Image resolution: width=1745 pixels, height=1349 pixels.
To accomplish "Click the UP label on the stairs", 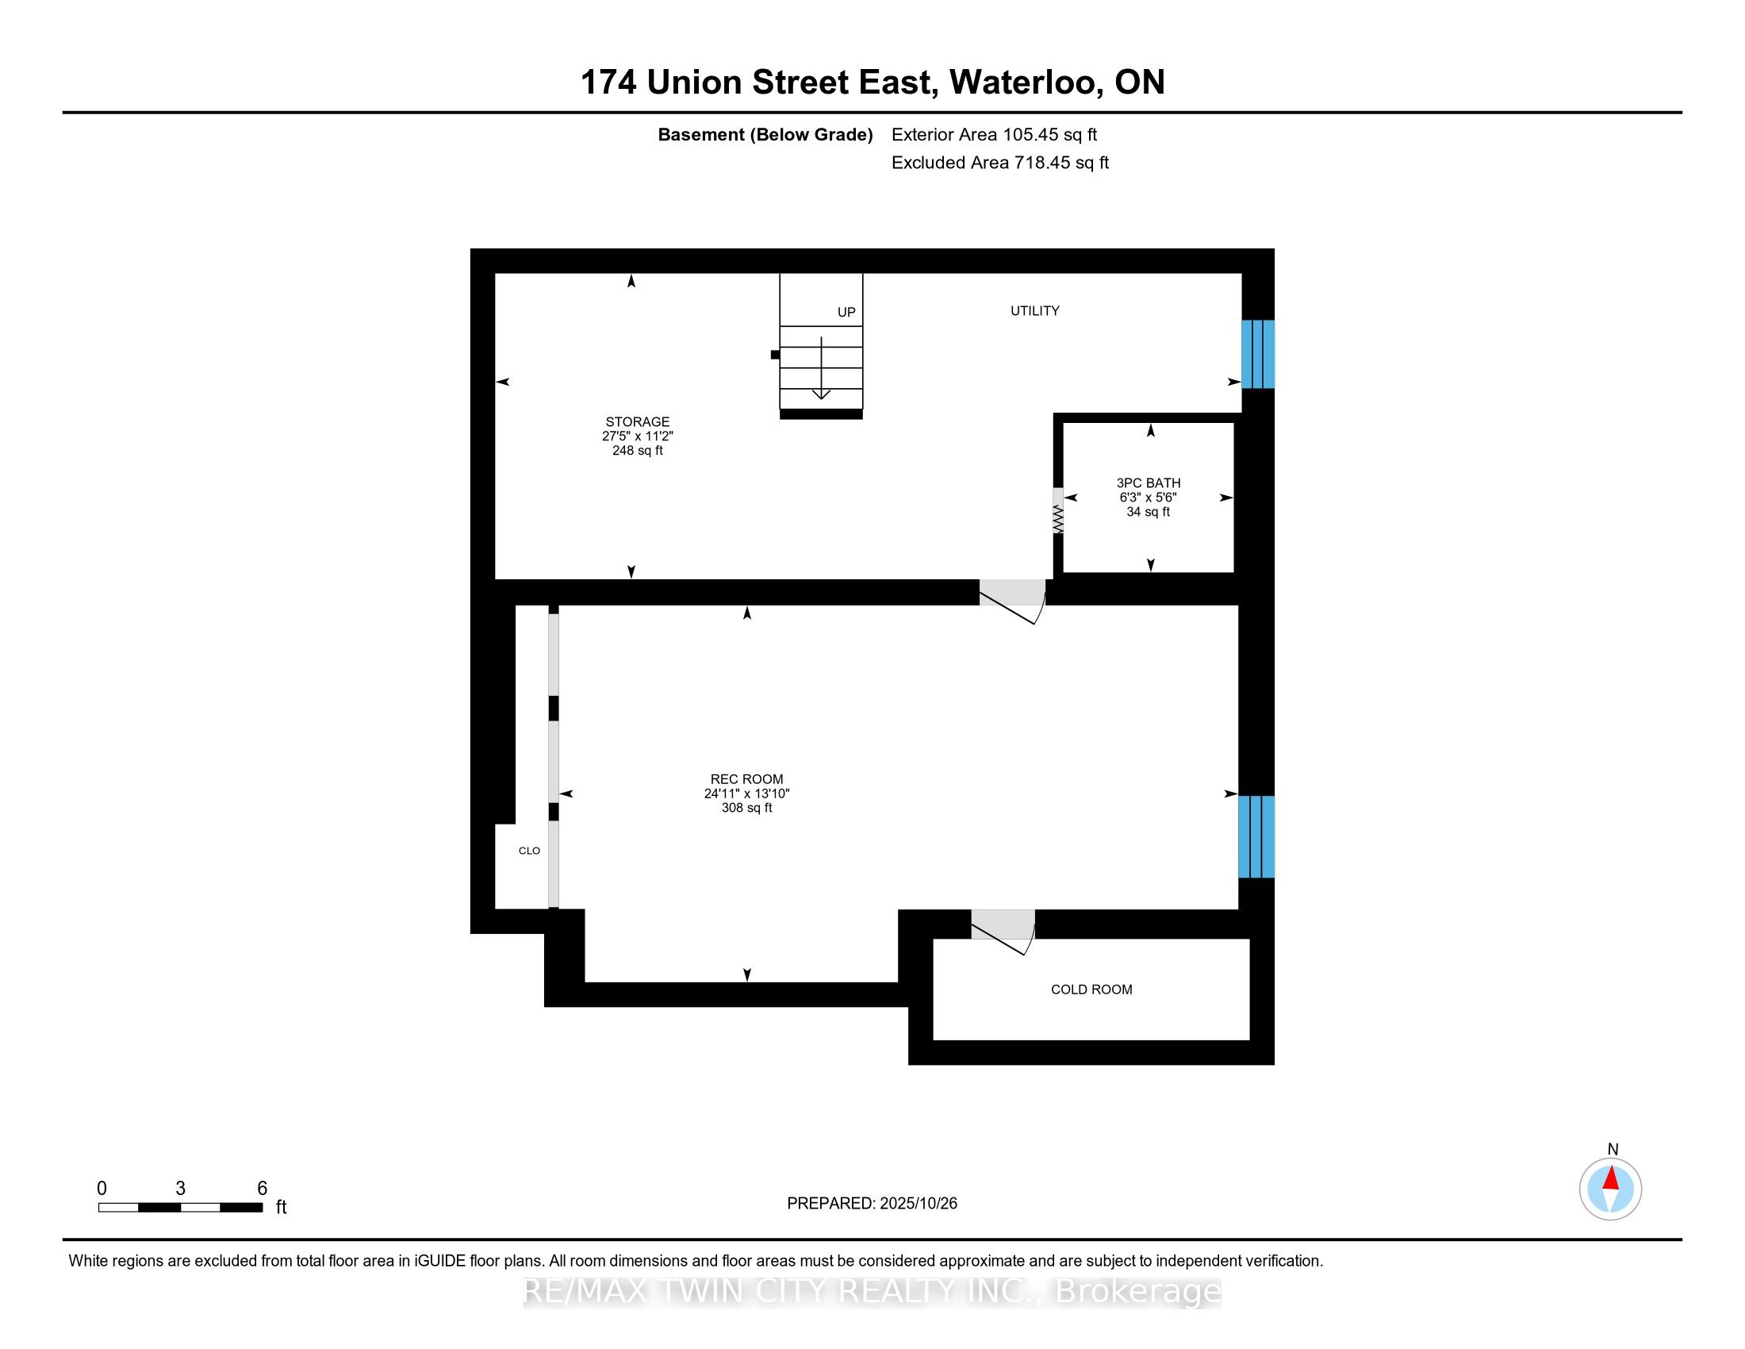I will (846, 313).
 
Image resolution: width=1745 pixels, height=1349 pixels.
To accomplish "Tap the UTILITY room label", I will (1034, 311).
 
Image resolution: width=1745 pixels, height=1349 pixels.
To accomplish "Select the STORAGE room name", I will (637, 422).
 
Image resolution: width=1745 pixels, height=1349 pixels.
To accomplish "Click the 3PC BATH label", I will (1149, 482).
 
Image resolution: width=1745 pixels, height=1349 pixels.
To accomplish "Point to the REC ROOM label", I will (746, 779).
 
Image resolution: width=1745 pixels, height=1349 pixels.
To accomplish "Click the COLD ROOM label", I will (1091, 990).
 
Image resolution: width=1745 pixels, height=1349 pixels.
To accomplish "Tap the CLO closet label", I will (529, 851).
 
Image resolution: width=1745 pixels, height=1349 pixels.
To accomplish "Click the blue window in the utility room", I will (1257, 354).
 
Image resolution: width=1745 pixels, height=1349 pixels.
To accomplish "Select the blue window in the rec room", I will (1256, 836).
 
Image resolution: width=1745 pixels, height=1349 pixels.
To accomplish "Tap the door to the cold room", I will (1003, 927).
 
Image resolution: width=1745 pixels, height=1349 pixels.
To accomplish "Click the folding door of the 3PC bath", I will (1058, 512).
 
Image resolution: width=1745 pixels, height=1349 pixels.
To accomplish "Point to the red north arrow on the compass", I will (1611, 1178).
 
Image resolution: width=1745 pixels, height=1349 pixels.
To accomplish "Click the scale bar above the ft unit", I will (181, 1208).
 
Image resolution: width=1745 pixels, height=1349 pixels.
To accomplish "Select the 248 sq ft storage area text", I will (637, 451).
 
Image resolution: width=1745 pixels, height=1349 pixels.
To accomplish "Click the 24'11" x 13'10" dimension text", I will (746, 794).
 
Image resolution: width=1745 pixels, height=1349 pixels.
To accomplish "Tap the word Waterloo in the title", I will (1022, 83).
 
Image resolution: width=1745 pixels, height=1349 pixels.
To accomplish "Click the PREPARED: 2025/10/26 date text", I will (872, 1204).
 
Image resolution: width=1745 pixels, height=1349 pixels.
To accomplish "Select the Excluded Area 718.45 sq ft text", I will (999, 163).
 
